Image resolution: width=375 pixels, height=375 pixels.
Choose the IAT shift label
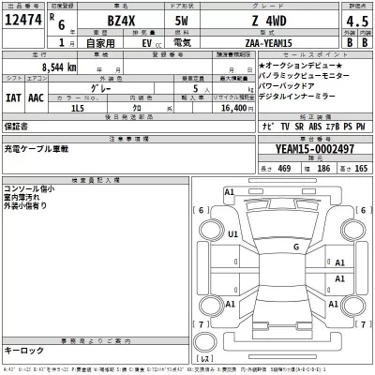click(x=15, y=97)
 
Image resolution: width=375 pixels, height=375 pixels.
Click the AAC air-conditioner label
click(x=37, y=97)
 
